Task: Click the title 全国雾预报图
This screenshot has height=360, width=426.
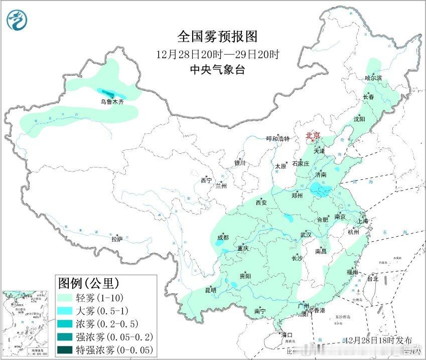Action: tap(217, 37)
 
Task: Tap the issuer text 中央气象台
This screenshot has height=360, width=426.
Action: tap(217, 70)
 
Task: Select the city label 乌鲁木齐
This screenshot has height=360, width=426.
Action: tap(111, 102)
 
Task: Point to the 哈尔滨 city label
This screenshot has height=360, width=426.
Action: tap(373, 78)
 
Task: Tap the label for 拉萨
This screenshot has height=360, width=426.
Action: tap(117, 240)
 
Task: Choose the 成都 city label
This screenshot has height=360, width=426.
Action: tap(223, 238)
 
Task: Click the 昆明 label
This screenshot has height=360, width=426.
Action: tap(210, 290)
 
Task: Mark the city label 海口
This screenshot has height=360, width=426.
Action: tap(286, 334)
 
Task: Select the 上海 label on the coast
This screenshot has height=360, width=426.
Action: tap(362, 221)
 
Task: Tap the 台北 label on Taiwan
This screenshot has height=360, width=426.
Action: tap(373, 278)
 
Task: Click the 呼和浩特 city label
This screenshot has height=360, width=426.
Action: tap(278, 139)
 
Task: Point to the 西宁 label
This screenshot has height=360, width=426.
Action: tap(206, 180)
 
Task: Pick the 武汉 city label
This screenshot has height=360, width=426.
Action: tap(306, 235)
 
